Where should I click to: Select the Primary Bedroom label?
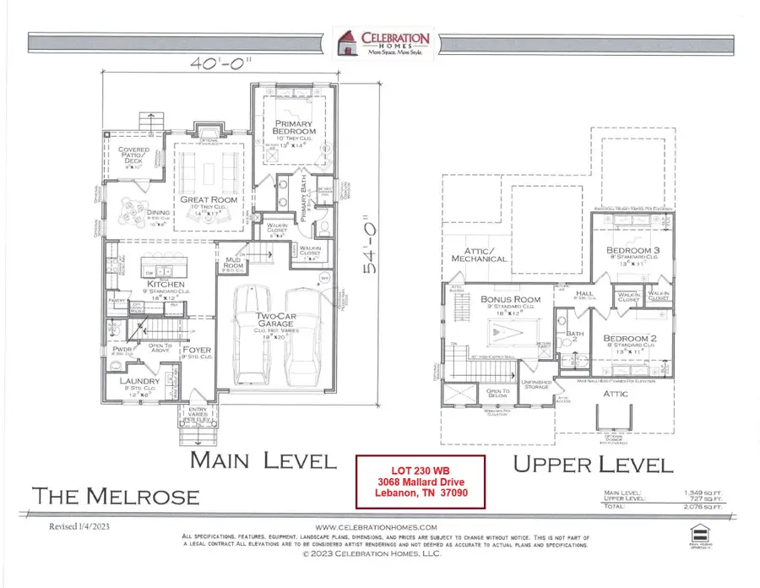(x=294, y=128)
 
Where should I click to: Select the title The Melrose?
(x=116, y=495)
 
